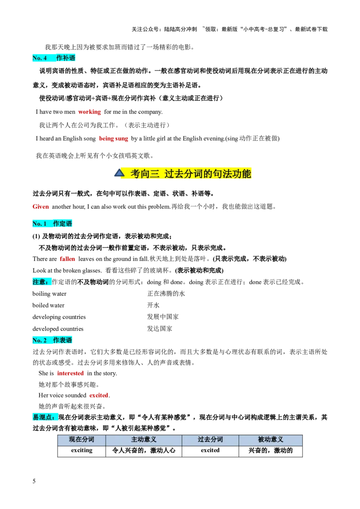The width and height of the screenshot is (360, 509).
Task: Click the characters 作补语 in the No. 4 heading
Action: pyautogui.click(x=66, y=58)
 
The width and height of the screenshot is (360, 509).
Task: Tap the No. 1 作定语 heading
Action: pyautogui.click(x=54, y=223)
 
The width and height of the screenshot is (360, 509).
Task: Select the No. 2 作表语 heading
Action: pyautogui.click(x=54, y=340)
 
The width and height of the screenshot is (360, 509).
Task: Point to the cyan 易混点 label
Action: pyautogui.click(x=45, y=417)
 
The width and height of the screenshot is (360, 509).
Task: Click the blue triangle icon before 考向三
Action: pyautogui.click(x=119, y=173)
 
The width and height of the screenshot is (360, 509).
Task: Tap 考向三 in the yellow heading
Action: pyautogui.click(x=145, y=174)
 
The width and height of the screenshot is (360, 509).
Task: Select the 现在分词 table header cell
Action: pyautogui.click(x=81, y=439)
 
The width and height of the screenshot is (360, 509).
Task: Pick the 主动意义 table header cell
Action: pyautogui.click(x=144, y=439)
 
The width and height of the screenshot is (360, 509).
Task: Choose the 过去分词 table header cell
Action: pyautogui.click(x=210, y=439)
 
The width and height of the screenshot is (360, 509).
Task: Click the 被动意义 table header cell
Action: pyautogui.click(x=270, y=439)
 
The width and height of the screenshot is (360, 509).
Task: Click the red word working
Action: pyautogui.click(x=90, y=112)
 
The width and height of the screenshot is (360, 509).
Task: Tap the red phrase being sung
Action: pyautogui.click(x=114, y=139)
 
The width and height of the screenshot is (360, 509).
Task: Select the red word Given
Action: pyautogui.click(x=41, y=207)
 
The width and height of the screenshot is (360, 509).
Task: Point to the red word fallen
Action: pyautogui.click(x=67, y=259)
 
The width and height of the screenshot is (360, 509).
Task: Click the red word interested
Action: pyautogui.click(x=70, y=374)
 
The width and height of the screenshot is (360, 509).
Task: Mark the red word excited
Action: pyautogui.click(x=99, y=395)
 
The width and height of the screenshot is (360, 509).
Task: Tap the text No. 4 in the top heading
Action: pyautogui.click(x=40, y=58)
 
